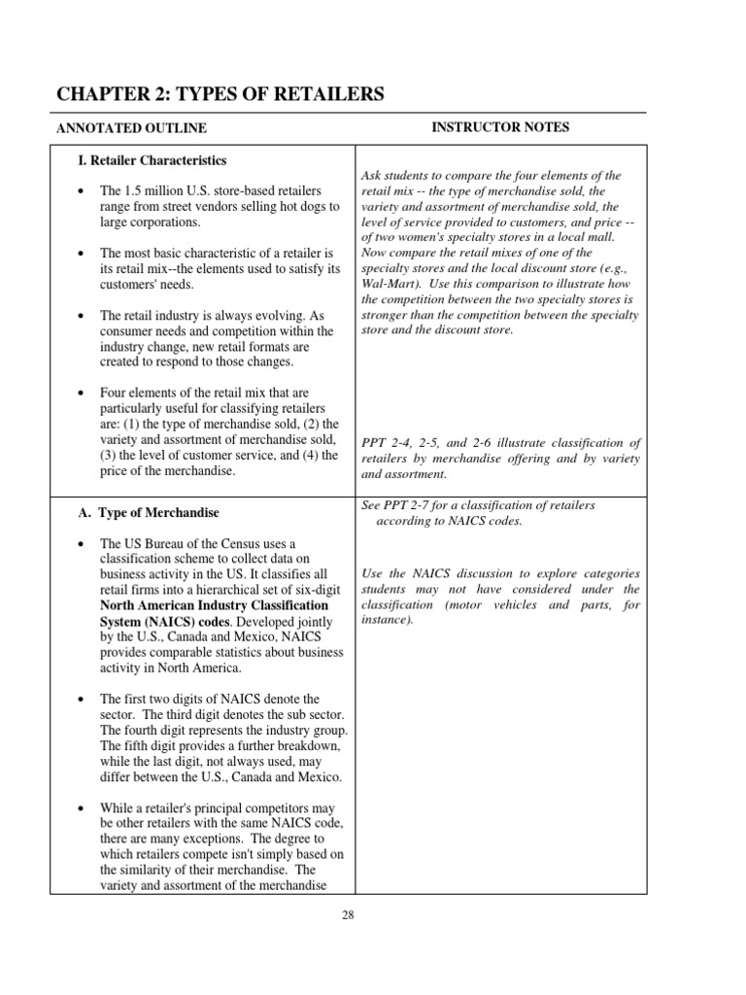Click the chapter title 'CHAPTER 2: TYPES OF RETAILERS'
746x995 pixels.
pyautogui.click(x=220, y=94)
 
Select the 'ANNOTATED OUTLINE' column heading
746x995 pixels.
pyautogui.click(x=131, y=128)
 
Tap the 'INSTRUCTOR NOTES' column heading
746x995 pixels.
pyautogui.click(x=499, y=127)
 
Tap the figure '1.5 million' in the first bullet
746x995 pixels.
pyautogui.click(x=153, y=190)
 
